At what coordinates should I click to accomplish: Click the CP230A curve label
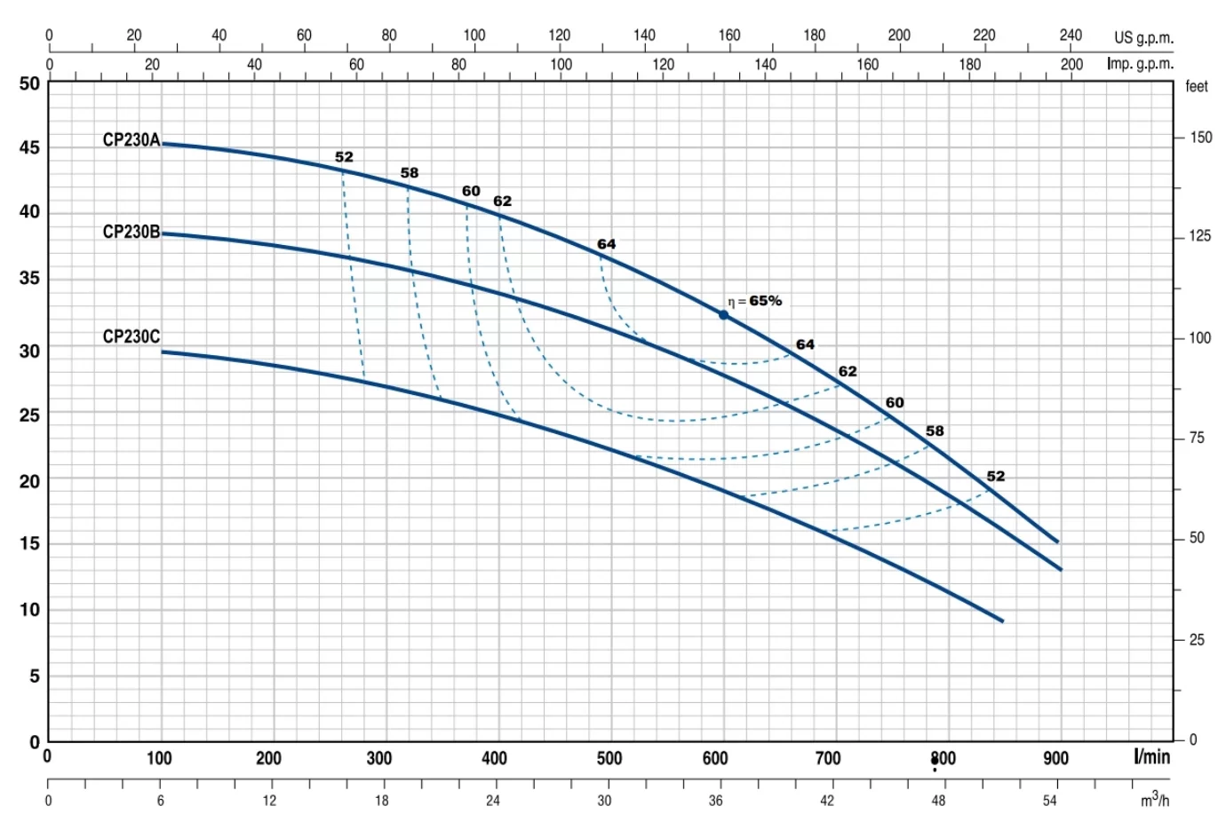[x=131, y=140]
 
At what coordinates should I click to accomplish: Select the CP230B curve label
[x=131, y=233]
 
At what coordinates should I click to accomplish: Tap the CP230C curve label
[x=131, y=337]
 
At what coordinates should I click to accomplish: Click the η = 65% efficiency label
[x=755, y=301]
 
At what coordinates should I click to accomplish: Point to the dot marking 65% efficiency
[x=723, y=315]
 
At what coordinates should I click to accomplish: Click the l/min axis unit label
[x=1151, y=757]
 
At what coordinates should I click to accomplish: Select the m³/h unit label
[x=1155, y=801]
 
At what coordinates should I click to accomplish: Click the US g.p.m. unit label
[x=1143, y=38]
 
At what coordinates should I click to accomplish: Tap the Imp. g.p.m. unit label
[x=1140, y=64]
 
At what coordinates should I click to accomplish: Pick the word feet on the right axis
[x=1197, y=87]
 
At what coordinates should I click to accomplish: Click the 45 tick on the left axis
[x=29, y=147]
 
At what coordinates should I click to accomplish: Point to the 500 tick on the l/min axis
[x=609, y=759]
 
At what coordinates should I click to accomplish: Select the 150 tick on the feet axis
[x=1200, y=138]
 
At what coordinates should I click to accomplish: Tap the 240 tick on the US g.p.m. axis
[x=1071, y=36]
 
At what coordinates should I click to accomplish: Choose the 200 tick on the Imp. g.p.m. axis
[x=1071, y=64]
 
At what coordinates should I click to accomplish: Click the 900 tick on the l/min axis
[x=1055, y=759]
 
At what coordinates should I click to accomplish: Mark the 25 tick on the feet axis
[x=1197, y=640]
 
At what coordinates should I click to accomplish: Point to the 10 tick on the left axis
[x=29, y=610]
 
